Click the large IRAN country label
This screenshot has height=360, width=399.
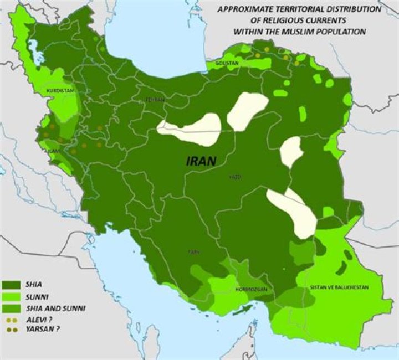200,161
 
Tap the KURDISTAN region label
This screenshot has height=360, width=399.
60,89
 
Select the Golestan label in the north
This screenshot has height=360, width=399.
227,64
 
